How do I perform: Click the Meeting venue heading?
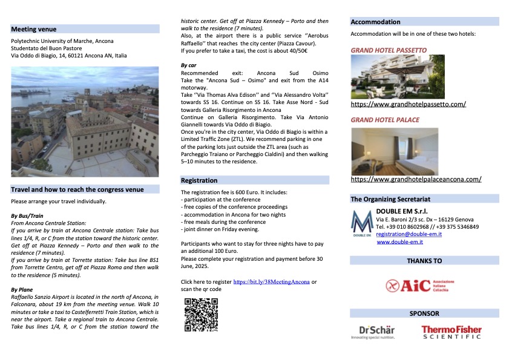pyautogui.click(x=34, y=28)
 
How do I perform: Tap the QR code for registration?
pyautogui.click(x=202, y=315)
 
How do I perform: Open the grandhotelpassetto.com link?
pyautogui.click(x=409, y=104)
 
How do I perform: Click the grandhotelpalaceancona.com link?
pyautogui.click(x=416, y=179)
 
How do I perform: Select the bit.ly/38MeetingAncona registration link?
pyautogui.click(x=271, y=282)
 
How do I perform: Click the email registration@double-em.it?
pyautogui.click(x=410, y=234)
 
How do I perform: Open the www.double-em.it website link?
pyautogui.click(x=399, y=242)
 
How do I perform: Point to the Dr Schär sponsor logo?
pyautogui.click(x=376, y=332)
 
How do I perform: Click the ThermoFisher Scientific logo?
pyautogui.click(x=452, y=332)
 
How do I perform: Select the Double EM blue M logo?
pyautogui.click(x=361, y=224)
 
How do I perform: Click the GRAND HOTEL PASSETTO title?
pyautogui.click(x=389, y=50)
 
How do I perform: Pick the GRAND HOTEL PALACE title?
pyautogui.click(x=385, y=120)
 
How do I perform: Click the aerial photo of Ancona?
pyautogui.click(x=85, y=121)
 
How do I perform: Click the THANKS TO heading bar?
pyautogui.click(x=424, y=261)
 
